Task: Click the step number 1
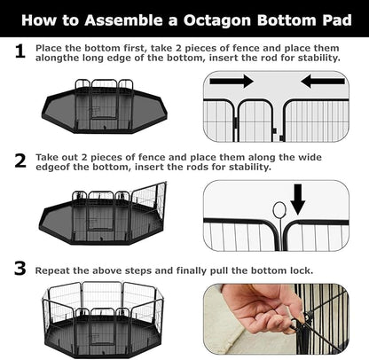click(18, 52)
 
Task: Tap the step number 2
click(18, 160)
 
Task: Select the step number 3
click(18, 268)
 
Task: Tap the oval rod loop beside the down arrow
click(279, 209)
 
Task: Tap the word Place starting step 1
click(51, 47)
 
